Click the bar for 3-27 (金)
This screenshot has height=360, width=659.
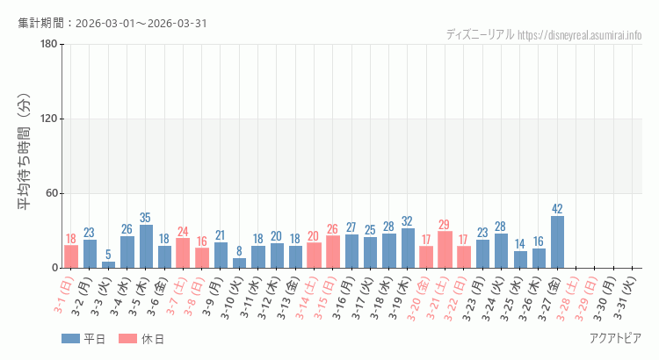point(557,241)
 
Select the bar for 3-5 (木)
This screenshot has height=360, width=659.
point(146,246)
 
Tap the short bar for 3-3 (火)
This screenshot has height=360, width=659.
point(108,264)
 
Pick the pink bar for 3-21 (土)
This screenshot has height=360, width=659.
point(445,249)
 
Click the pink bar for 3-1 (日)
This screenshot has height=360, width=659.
point(71,256)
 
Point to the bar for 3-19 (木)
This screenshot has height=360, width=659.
point(408,248)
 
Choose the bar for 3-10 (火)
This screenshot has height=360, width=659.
point(239,263)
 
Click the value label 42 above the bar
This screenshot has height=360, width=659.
point(557,209)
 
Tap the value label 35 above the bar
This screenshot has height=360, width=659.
point(146,218)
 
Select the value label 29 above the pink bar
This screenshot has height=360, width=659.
point(445,225)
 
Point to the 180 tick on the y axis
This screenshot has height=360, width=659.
point(48,45)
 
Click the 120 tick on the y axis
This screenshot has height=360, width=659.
point(48,119)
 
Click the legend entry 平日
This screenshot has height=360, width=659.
point(83,339)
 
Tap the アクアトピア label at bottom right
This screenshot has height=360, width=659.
point(615,339)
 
